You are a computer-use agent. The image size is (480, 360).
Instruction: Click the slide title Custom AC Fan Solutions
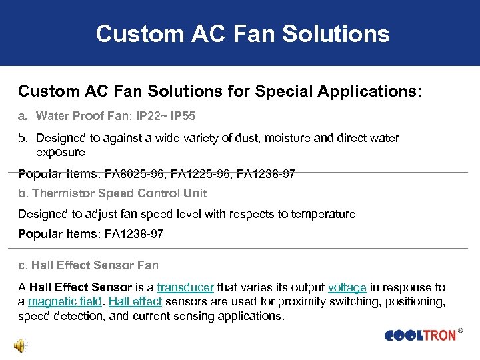tap(242, 33)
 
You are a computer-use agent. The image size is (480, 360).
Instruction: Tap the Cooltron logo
tap(420, 335)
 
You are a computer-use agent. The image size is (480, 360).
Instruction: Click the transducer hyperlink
tap(185, 287)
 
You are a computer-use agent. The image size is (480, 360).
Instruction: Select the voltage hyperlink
tap(347, 287)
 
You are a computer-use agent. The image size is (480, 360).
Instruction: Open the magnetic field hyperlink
tap(65, 301)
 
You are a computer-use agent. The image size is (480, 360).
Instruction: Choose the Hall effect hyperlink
tap(135, 301)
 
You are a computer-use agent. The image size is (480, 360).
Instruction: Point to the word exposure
tap(61, 152)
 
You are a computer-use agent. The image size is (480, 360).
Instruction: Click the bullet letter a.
tap(22, 117)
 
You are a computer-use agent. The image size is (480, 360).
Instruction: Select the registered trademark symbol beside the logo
tap(461, 330)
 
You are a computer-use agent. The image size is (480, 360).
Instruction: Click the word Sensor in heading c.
tap(113, 265)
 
